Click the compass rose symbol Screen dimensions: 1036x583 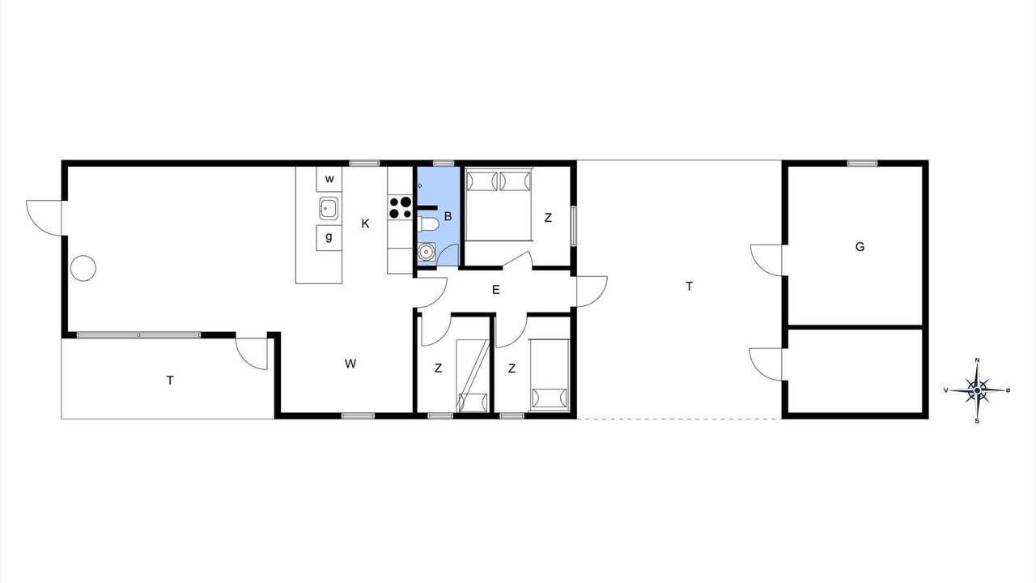(x=977, y=390)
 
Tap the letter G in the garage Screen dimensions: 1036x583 (x=860, y=247)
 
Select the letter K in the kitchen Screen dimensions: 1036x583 (x=365, y=224)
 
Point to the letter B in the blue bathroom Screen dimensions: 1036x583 (x=448, y=216)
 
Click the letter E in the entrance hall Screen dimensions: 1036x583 (x=496, y=290)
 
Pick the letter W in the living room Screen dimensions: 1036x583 (x=350, y=364)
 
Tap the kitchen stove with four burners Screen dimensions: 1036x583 (x=400, y=207)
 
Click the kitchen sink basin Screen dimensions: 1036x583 (x=329, y=208)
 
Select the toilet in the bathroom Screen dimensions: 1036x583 (x=428, y=225)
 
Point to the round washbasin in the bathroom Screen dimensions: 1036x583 (x=426, y=252)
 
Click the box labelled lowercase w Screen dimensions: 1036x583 (x=329, y=179)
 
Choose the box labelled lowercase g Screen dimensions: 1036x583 (x=329, y=238)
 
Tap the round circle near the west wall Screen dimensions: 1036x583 (x=83, y=268)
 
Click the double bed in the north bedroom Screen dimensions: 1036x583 (x=499, y=204)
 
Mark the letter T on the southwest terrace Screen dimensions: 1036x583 (x=170, y=381)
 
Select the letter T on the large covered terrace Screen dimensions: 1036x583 (x=689, y=287)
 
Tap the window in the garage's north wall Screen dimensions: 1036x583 (x=863, y=163)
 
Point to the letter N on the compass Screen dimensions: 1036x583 (x=977, y=360)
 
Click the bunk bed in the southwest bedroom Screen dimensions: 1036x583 (x=473, y=376)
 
